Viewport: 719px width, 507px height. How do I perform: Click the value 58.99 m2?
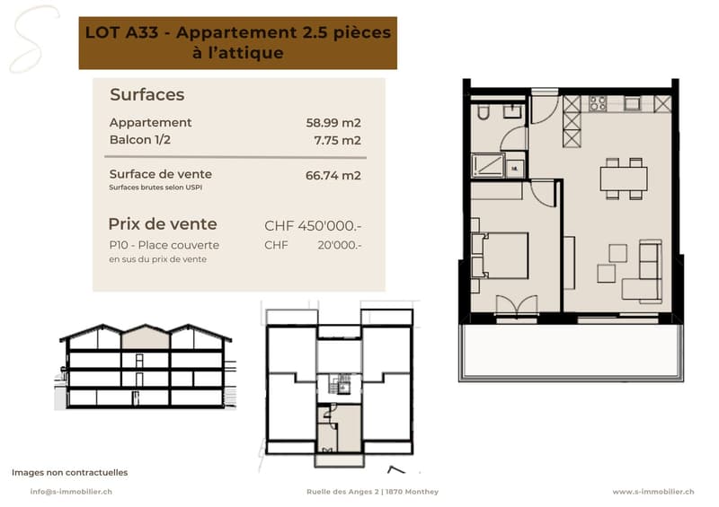click(x=333, y=123)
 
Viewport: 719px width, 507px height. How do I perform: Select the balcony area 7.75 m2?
click(x=338, y=140)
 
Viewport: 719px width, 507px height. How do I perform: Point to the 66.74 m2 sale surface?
click(x=333, y=175)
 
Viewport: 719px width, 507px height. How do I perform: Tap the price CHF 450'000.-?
click(x=313, y=226)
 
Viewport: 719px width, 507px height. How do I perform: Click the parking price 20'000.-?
click(x=340, y=245)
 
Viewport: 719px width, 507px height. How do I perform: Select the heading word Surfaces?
click(x=147, y=94)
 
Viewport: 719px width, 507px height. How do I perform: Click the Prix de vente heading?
click(x=163, y=224)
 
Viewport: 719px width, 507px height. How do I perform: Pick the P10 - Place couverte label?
click(x=164, y=245)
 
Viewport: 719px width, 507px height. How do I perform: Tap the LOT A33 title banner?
click(x=238, y=43)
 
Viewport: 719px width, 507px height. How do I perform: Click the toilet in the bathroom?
click(x=483, y=111)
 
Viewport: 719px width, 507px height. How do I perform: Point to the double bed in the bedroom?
click(x=501, y=256)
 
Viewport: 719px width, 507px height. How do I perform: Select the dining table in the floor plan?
click(x=624, y=179)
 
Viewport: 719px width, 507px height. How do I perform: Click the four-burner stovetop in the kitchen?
click(x=598, y=103)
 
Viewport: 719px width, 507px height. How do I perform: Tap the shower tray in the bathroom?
click(x=488, y=164)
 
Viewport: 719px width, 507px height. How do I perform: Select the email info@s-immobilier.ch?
click(x=71, y=492)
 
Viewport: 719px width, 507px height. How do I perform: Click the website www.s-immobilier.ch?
click(x=653, y=492)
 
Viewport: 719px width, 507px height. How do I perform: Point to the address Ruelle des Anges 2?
click(x=343, y=492)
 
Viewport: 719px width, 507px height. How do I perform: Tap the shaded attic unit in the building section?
click(x=146, y=338)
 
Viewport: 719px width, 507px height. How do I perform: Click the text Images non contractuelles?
click(x=70, y=472)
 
